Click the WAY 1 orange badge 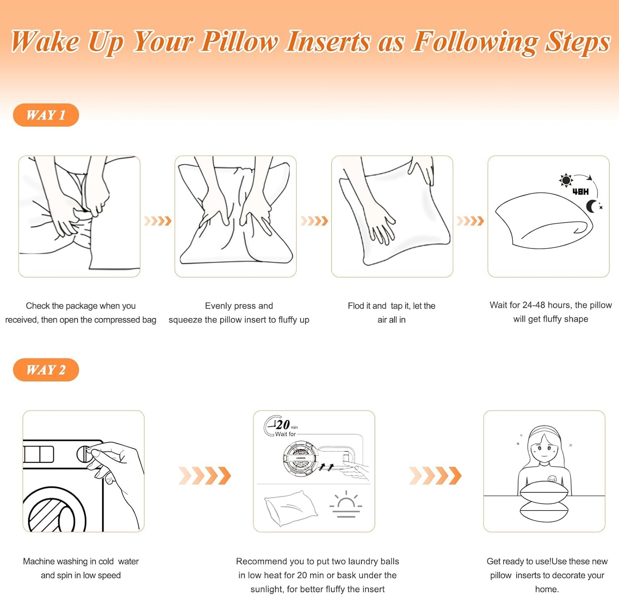point(46,115)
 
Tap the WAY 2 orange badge point(46,370)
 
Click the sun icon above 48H point(566,180)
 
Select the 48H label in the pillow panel point(581,192)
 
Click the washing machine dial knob point(85,454)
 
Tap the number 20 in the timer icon point(283,425)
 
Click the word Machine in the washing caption point(38,561)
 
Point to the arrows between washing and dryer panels point(205,475)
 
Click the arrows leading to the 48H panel point(470,221)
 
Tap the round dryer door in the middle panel point(300,459)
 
